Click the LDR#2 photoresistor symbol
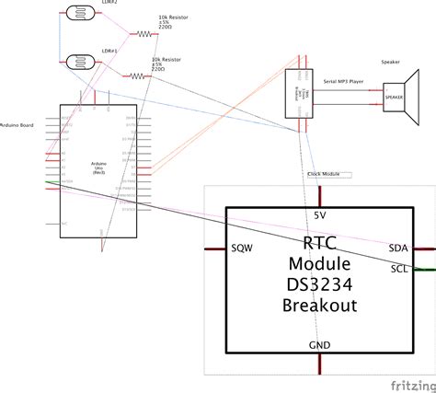click(x=82, y=14)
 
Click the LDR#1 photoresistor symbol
click(x=82, y=63)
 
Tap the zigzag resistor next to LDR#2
click(x=145, y=33)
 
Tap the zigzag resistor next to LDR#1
click(x=138, y=77)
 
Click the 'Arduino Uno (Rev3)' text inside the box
click(x=98, y=167)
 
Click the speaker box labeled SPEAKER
click(x=395, y=96)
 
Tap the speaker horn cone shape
click(x=416, y=96)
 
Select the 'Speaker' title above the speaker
click(x=390, y=64)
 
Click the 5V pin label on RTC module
click(x=319, y=214)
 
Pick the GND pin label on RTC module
click(x=318, y=344)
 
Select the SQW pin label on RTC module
click(x=242, y=249)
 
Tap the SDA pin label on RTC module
click(x=398, y=249)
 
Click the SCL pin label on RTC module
click(x=399, y=269)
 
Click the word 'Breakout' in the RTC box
click(x=319, y=305)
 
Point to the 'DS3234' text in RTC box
click(x=319, y=284)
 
